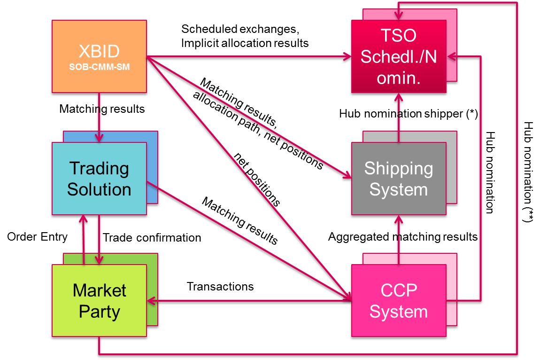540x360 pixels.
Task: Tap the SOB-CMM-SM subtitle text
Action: [99, 67]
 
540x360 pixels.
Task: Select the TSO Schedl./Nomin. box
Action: [399, 56]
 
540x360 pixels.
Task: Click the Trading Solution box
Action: [99, 179]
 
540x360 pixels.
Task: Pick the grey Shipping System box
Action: [399, 179]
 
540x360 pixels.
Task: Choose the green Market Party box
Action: [99, 301]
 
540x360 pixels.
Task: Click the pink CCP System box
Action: [399, 301]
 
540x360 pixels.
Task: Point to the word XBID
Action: [99, 51]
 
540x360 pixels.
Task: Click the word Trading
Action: [99, 168]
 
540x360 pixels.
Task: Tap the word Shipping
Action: [399, 168]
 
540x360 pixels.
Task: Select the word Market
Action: [99, 290]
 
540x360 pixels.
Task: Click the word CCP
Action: [399, 290]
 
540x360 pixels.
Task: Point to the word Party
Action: [99, 312]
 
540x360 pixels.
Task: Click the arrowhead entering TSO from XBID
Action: [347, 57]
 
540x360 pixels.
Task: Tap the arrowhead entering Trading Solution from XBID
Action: [99, 138]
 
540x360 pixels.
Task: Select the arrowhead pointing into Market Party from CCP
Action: [151, 300]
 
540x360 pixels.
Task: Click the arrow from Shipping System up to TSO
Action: [399, 117]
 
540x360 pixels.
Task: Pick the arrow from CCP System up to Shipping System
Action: [399, 240]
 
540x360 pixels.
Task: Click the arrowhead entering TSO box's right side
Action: [451, 57]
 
